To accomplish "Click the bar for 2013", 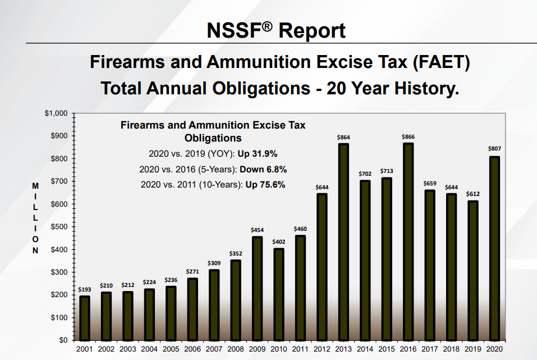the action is pyautogui.click(x=343, y=241).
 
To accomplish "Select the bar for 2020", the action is pyautogui.click(x=494, y=248).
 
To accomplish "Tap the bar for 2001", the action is pyautogui.click(x=85, y=318).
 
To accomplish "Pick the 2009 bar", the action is pyautogui.click(x=257, y=288).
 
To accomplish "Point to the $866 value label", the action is pyautogui.click(x=409, y=137).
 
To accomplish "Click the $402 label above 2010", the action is pyautogui.click(x=279, y=241).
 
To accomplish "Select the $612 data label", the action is pyautogui.click(x=473, y=194).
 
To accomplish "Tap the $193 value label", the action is pyautogui.click(x=85, y=290).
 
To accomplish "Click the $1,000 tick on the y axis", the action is pyautogui.click(x=56, y=113).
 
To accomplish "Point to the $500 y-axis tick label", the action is pyautogui.click(x=59, y=227).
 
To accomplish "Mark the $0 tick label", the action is pyautogui.click(x=63, y=340).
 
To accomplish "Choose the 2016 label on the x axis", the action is pyautogui.click(x=409, y=349).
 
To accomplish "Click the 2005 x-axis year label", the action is pyautogui.click(x=171, y=349).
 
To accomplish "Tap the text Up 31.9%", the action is pyautogui.click(x=258, y=154).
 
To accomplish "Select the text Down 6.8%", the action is pyautogui.click(x=263, y=170).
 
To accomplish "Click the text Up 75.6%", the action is pyautogui.click(x=265, y=185).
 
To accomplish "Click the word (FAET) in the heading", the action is pyautogui.click(x=442, y=62).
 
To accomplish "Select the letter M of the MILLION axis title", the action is pyautogui.click(x=35, y=186).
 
